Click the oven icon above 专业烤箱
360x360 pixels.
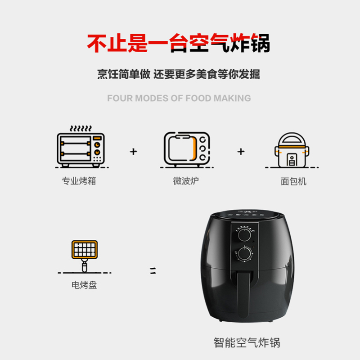[81, 150]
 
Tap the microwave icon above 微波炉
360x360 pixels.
[187, 149]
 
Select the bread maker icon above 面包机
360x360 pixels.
[292, 150]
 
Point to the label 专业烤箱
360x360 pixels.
[79, 181]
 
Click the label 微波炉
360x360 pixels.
[186, 181]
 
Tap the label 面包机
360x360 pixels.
[293, 181]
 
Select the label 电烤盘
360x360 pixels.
[84, 285]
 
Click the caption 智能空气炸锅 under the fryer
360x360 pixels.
[247, 343]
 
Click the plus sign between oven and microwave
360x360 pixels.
[133, 152]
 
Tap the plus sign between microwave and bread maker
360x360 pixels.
[241, 152]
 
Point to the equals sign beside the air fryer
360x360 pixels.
[153, 271]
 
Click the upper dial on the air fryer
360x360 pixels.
[244, 234]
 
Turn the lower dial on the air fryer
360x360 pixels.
[244, 254]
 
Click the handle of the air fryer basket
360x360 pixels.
[243, 294]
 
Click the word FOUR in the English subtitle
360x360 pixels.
[120, 98]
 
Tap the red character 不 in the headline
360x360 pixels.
[97, 43]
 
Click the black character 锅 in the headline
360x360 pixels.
[260, 43]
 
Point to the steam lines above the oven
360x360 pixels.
[81, 128]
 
